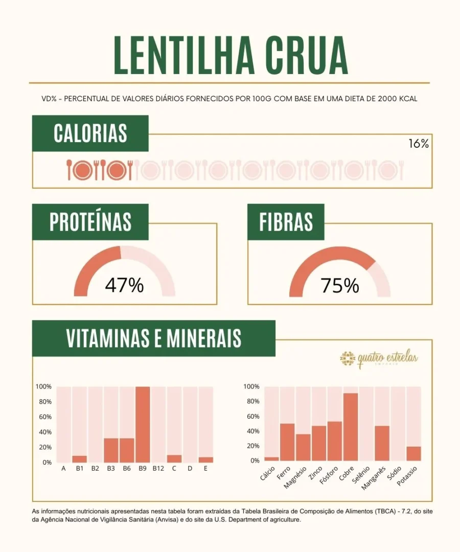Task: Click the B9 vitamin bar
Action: (x=143, y=424)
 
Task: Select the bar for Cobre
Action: (x=351, y=427)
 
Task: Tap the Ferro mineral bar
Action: (x=287, y=442)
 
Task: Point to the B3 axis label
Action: (x=111, y=468)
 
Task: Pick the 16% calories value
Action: (x=418, y=144)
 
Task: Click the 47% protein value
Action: (x=124, y=286)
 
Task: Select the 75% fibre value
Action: (x=340, y=286)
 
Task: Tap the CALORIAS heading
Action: (x=90, y=133)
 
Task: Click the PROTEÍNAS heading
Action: (x=90, y=222)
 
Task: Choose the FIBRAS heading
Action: (x=286, y=222)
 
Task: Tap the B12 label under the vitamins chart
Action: (x=158, y=468)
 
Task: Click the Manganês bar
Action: (x=382, y=443)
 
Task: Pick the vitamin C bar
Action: (x=174, y=458)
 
